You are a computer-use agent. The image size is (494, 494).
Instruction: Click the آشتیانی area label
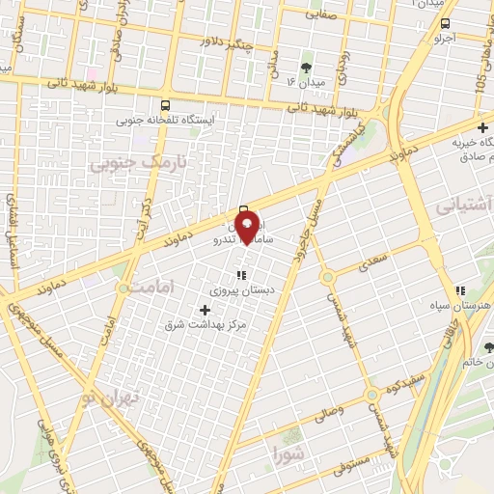[x=464, y=205]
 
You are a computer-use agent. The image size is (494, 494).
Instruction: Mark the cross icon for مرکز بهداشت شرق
[x=204, y=310]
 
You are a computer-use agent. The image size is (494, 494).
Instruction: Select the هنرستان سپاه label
[x=465, y=305]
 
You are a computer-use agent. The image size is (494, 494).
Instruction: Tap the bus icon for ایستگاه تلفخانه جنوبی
[x=165, y=106]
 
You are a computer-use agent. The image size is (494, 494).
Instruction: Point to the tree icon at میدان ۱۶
[x=307, y=68]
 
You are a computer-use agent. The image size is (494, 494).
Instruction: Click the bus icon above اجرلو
[x=445, y=24]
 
